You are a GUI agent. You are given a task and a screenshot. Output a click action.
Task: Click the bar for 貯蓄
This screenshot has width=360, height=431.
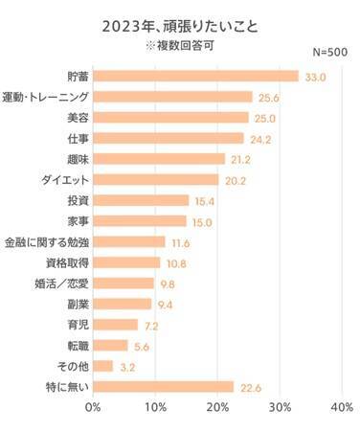pyautogui.click(x=195, y=76)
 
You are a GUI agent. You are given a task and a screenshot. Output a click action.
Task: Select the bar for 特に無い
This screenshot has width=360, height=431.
pyautogui.click(x=163, y=387)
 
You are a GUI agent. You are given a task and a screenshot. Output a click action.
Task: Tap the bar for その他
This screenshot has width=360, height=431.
pyautogui.click(x=102, y=366)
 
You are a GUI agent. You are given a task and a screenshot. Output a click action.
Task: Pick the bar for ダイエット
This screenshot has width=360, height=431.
pyautogui.click(x=155, y=179)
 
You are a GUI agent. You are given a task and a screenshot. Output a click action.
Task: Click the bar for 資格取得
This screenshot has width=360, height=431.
pyautogui.click(x=126, y=262)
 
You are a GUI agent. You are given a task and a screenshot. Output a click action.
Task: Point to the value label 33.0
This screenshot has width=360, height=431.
pyautogui.click(x=314, y=76)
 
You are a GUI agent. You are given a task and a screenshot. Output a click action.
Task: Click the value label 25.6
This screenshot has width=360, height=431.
pyautogui.click(x=268, y=97)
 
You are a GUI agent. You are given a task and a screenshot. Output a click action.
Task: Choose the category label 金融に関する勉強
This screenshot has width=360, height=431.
pyautogui.click(x=46, y=241)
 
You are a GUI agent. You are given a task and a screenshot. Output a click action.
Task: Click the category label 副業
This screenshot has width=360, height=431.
pyautogui.click(x=72, y=304)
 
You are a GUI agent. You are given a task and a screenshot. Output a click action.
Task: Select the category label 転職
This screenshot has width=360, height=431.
pyautogui.click(x=72, y=345)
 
